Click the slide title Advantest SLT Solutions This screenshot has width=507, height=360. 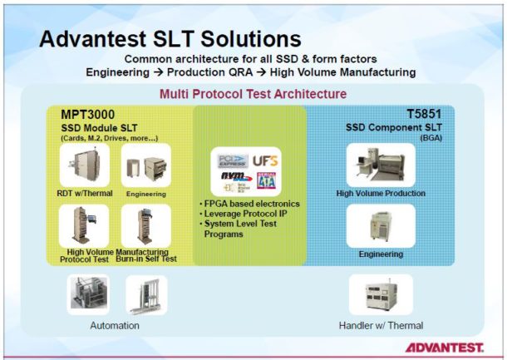click(170, 38)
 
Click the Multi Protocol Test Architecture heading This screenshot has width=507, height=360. click(253, 94)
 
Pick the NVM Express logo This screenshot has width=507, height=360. click(234, 176)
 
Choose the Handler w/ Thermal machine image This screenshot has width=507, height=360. click(380, 295)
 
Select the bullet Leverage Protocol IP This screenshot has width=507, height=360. click(244, 215)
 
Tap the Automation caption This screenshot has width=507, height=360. click(115, 326)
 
